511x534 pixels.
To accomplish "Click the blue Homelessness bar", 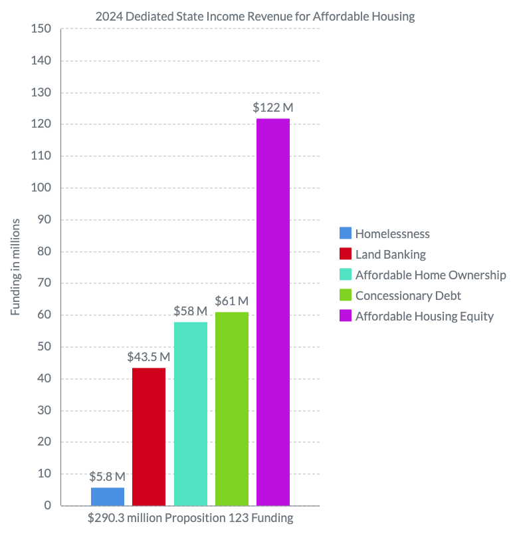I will (108, 496).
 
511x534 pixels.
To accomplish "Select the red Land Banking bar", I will (149, 436).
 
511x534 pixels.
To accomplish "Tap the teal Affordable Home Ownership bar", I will (191, 414).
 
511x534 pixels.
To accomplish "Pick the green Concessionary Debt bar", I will (232, 408).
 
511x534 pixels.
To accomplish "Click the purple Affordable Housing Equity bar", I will (273, 312).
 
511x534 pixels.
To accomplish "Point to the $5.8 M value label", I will (108, 476).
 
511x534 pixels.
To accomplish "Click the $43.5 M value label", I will (149, 356).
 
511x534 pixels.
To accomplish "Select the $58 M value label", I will (191, 311).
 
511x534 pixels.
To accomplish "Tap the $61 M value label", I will (232, 301).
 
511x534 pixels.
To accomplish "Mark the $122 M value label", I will (273, 107).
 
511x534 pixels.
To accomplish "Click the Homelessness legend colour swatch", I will (345, 233).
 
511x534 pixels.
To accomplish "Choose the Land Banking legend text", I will (390, 254).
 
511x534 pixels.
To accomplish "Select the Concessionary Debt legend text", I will (408, 295).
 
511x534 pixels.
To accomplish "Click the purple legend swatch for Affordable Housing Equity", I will (345, 316).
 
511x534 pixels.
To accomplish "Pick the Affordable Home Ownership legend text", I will (431, 275).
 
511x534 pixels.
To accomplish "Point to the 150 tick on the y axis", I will (41, 29).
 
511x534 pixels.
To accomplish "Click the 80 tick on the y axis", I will (44, 251).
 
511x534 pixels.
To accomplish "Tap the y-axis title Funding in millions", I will (16, 267).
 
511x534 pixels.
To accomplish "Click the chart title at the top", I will (255, 17).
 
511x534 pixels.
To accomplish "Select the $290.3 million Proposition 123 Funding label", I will (190, 518).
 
